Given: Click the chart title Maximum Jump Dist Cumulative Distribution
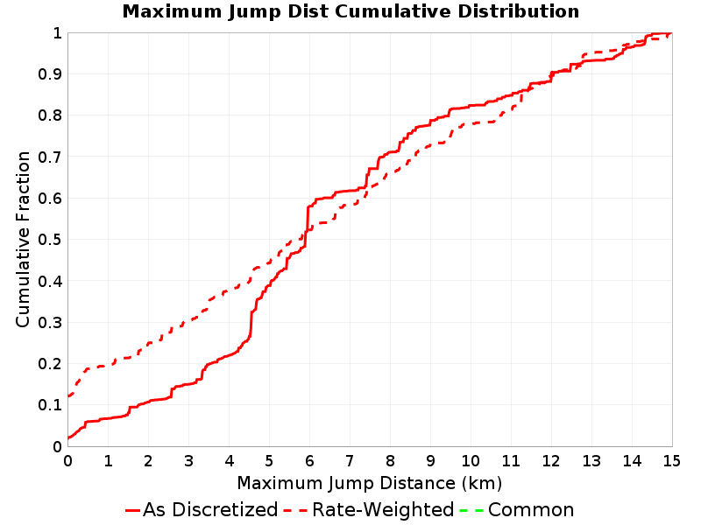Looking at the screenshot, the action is tap(350, 11).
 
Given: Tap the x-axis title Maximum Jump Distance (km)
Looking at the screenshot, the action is tap(369, 483).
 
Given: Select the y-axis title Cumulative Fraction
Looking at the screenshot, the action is tap(23, 239).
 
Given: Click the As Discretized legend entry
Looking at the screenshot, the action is tap(202, 509).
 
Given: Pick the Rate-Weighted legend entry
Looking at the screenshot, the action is tap(369, 509).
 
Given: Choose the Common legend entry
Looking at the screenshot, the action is tap(517, 509).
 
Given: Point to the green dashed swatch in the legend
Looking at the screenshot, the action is tap(471, 510).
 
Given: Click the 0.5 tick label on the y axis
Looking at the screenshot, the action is tap(50, 240).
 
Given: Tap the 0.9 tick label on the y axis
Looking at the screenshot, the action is tap(50, 74).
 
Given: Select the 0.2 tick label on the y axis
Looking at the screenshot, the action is tap(50, 364).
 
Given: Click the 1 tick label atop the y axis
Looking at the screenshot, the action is tap(57, 33).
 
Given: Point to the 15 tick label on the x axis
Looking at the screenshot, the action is tap(671, 461).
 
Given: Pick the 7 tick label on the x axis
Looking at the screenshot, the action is tap(350, 461).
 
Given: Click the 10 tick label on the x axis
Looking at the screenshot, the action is tap(471, 461).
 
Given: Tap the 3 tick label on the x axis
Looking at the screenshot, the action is tap(188, 461).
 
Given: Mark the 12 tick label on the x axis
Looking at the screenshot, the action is tap(551, 461).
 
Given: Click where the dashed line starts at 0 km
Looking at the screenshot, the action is tap(68, 395).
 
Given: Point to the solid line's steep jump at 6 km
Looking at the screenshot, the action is tap(308, 226).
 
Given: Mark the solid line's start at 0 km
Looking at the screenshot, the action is tap(68, 437).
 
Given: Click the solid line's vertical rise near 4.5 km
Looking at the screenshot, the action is tap(251, 324).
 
